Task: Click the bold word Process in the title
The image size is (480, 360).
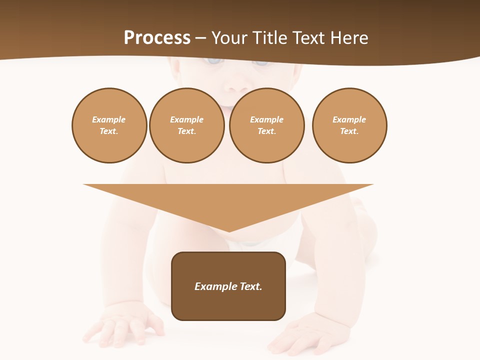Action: (157, 38)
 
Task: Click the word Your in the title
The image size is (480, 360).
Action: (229, 38)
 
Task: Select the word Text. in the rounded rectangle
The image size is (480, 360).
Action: (250, 286)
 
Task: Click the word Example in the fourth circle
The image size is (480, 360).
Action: (349, 119)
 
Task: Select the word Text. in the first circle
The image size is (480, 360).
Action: (109, 131)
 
